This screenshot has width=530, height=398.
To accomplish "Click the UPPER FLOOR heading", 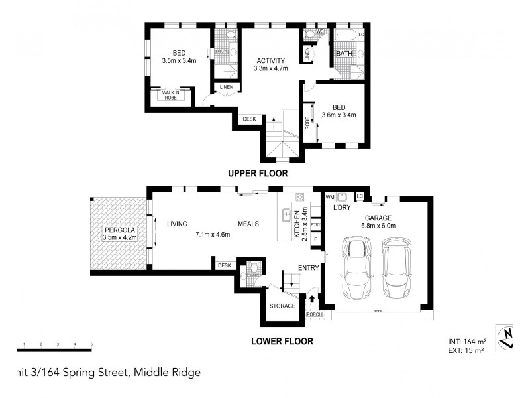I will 258,174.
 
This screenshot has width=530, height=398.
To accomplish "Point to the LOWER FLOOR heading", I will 282,342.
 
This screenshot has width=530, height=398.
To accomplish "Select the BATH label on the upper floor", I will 344,54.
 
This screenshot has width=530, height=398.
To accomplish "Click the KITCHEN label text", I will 297,225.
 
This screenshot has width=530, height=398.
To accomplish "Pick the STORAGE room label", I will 282,306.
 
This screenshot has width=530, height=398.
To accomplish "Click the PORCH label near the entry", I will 315,314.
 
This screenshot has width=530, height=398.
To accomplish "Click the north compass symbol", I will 507,338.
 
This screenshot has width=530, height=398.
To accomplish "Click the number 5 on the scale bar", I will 91,344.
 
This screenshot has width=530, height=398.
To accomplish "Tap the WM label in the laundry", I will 329,197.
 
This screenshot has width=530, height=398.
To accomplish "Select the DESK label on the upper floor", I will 249,119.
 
